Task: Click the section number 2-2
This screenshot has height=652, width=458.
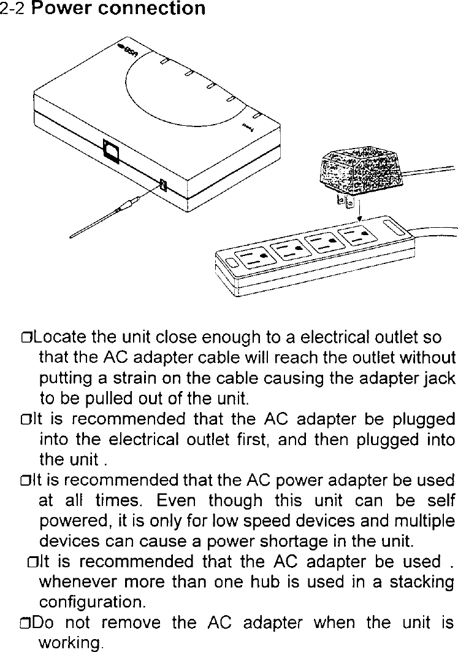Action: click(x=13, y=9)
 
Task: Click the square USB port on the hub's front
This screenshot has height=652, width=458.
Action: click(x=111, y=150)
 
